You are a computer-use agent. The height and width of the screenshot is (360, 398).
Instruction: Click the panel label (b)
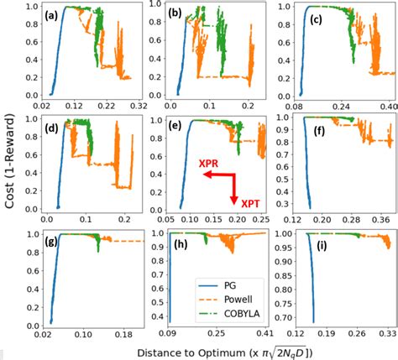(x=176, y=16)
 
